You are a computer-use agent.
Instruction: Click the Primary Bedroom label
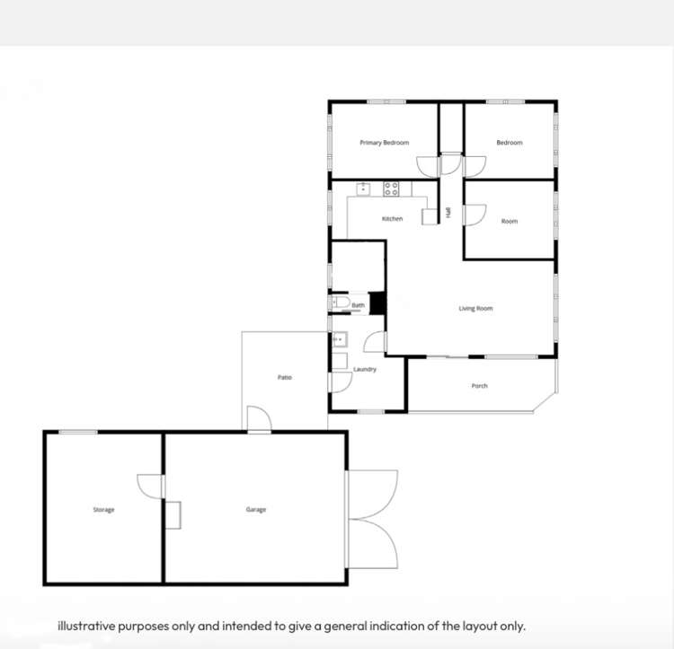(x=385, y=143)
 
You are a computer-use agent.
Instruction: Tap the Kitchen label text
(x=393, y=219)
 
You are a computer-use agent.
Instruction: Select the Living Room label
(x=475, y=308)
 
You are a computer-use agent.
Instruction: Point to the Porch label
(x=480, y=386)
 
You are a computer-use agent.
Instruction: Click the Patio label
(x=285, y=377)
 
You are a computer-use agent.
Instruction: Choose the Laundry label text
(x=365, y=369)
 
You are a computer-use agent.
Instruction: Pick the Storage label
(x=103, y=510)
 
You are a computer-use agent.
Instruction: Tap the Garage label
(x=256, y=510)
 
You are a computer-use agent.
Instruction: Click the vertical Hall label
(x=448, y=213)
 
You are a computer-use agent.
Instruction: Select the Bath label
(x=358, y=305)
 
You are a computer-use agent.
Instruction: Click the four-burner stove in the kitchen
(x=391, y=189)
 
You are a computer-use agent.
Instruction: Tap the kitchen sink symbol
(x=363, y=189)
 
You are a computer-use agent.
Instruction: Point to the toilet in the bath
(x=341, y=302)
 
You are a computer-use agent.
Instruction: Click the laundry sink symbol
(x=340, y=339)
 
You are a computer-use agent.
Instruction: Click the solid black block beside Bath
(x=377, y=303)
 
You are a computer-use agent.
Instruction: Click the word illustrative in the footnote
(x=87, y=627)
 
